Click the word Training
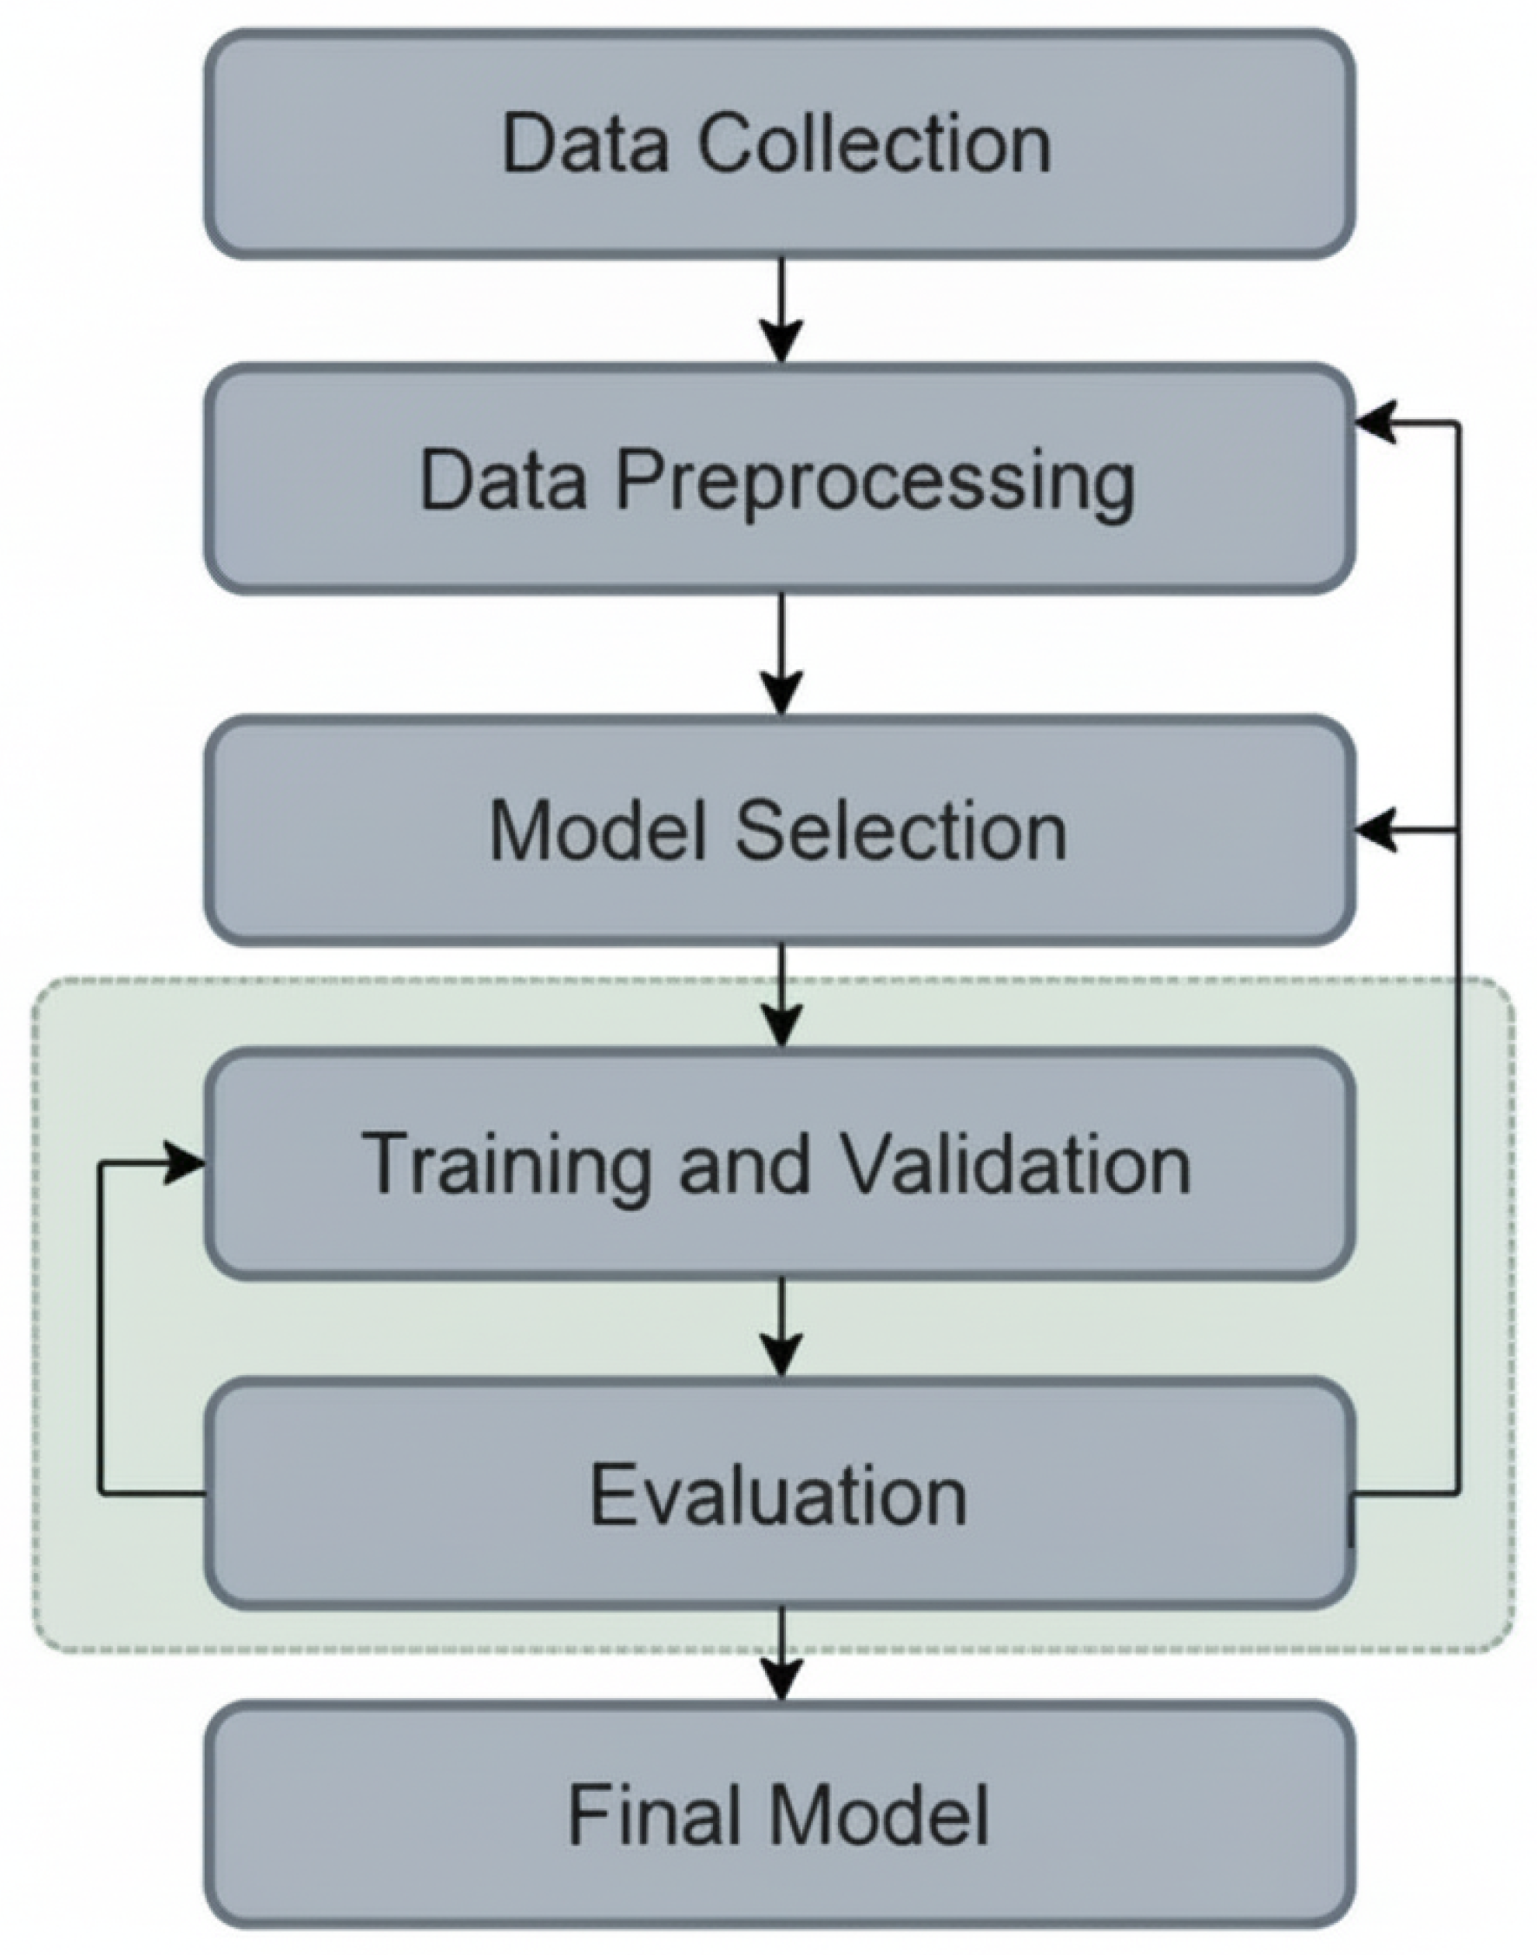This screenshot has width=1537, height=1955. point(504,1164)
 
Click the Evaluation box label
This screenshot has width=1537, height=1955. point(778,1496)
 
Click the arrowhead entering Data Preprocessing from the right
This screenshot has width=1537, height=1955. point(1377,422)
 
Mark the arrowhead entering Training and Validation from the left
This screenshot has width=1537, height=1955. point(184,1164)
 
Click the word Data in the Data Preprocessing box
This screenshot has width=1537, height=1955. point(503,481)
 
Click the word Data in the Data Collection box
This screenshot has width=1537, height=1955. point(585,144)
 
